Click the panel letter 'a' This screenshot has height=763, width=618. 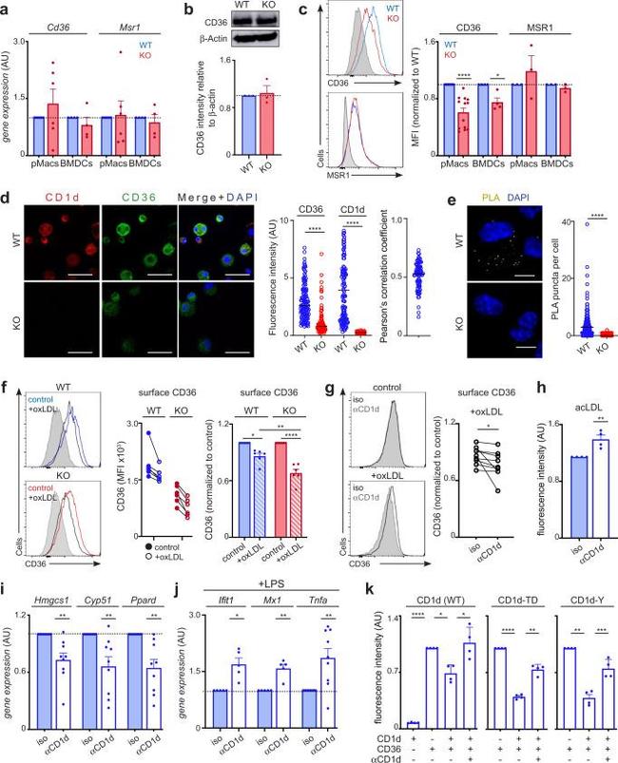[x=8, y=10]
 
